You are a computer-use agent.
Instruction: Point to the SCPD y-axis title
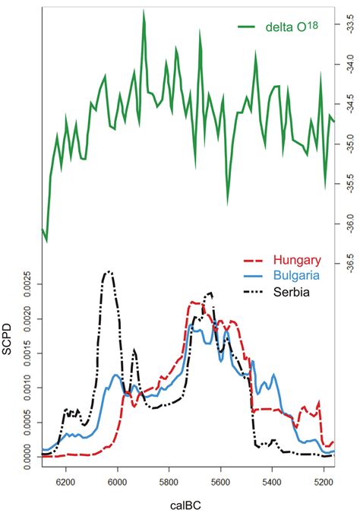tap(10, 363)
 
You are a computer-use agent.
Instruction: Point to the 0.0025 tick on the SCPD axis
tap(29, 285)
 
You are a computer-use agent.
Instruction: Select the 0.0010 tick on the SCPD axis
tap(29, 388)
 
